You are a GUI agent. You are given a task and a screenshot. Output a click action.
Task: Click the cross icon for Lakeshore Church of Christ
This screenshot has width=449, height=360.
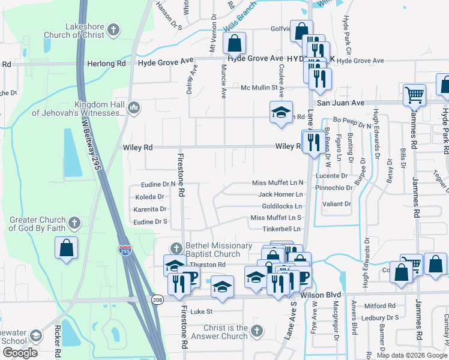click(115, 28)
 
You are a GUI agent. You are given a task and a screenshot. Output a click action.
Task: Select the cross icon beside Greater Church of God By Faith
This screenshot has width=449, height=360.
click(74, 223)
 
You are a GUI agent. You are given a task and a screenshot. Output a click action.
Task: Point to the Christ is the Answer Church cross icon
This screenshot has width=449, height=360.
click(256, 331)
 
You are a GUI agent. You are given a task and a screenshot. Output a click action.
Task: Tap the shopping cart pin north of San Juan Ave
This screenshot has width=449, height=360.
click(414, 95)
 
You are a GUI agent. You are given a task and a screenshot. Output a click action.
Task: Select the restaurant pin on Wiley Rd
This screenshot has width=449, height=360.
click(313, 143)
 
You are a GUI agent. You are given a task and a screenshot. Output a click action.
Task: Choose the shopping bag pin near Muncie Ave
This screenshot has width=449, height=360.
click(235, 43)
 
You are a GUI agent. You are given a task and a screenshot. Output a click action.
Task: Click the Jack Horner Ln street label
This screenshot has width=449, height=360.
click(280, 194)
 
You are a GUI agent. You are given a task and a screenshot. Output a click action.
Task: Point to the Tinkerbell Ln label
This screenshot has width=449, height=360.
click(281, 229)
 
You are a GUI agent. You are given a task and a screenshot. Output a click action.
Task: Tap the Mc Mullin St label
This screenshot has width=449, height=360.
click(262, 88)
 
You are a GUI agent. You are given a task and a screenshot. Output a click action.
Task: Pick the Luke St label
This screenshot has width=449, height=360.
click(202, 311)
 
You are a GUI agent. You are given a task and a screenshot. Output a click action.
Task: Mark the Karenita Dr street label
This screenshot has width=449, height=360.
click(150, 209)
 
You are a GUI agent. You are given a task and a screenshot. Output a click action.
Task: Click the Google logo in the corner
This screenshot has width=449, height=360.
click(20, 353)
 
